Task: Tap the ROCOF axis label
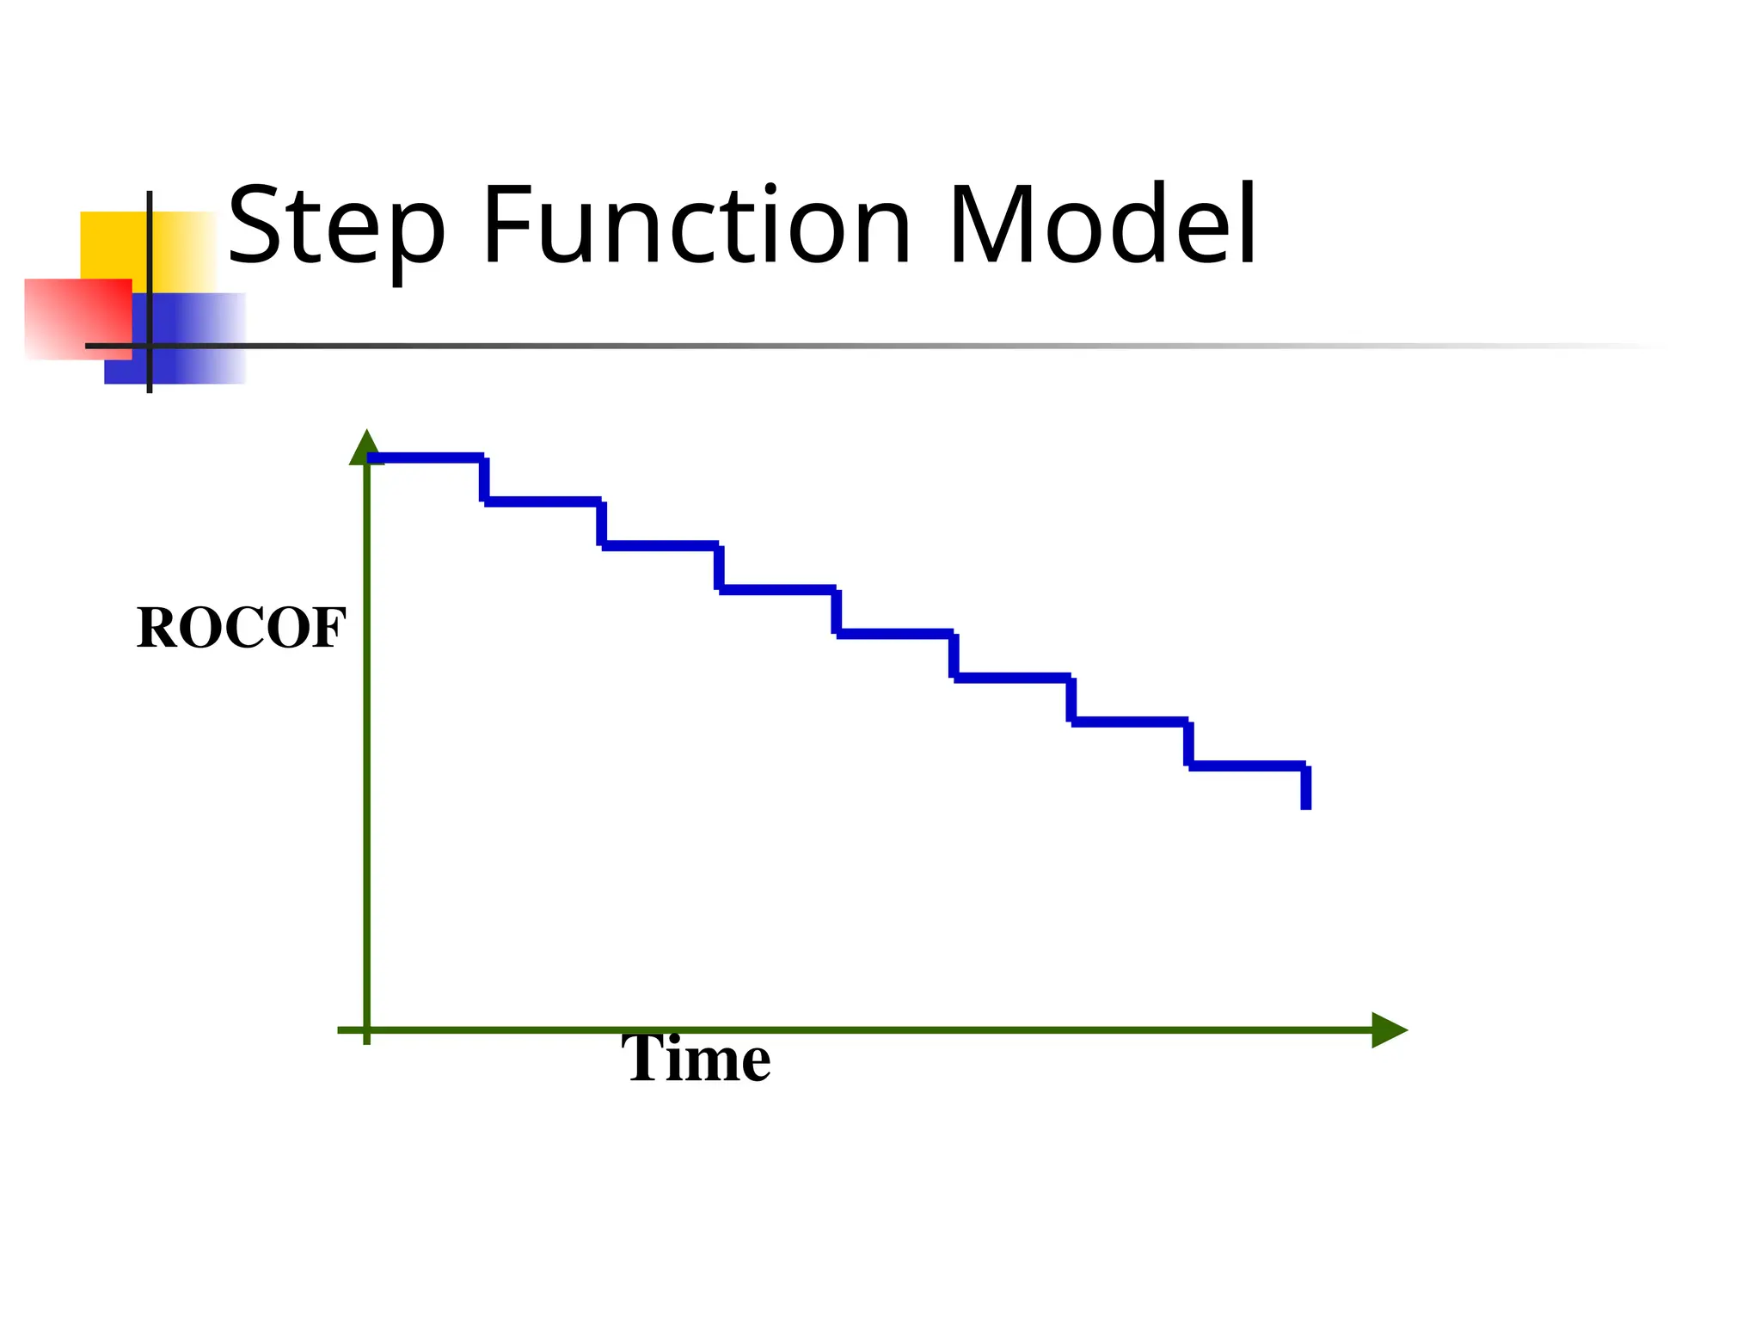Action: (x=241, y=628)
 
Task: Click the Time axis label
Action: (x=696, y=1060)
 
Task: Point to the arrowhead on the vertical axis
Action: (x=366, y=447)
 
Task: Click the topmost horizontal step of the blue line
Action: (x=426, y=458)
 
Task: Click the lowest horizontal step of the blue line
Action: (x=1247, y=765)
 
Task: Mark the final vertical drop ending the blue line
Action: (x=1306, y=788)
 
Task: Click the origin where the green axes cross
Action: (x=367, y=1029)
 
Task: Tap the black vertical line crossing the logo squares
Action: (x=150, y=258)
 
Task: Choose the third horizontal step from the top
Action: (x=660, y=545)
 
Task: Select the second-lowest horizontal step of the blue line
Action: (x=1130, y=722)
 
